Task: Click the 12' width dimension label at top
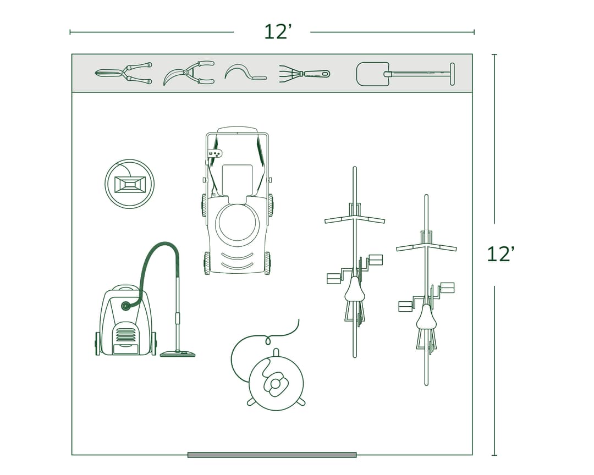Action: pos(277,32)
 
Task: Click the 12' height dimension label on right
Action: pos(501,254)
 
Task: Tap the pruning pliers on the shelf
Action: pos(189,73)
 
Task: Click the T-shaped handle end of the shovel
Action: pos(452,74)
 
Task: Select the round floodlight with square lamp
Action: pos(129,184)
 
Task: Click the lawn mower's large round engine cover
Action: pos(237,224)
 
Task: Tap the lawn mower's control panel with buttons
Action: pos(215,153)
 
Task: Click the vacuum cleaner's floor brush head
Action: pos(177,354)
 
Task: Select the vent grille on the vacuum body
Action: pos(125,335)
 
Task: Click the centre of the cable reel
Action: pos(275,383)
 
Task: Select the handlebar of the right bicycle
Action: pos(426,246)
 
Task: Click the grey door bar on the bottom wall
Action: pos(272,455)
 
